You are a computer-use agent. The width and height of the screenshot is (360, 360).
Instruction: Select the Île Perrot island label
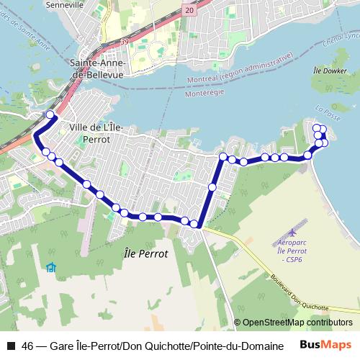146,254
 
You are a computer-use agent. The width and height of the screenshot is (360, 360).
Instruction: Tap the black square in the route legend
11,346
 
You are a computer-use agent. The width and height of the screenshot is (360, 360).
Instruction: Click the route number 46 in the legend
28,346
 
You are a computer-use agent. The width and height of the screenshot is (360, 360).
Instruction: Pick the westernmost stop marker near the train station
50,114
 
